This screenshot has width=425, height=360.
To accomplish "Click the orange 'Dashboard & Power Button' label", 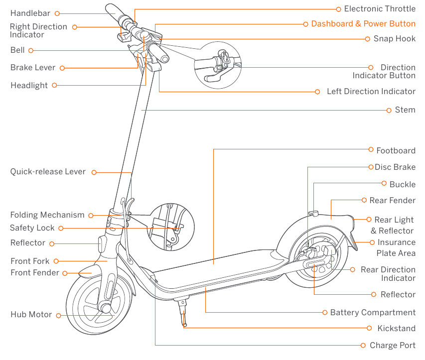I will click(363, 24).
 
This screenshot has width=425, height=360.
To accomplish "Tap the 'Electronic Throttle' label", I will click(379, 9).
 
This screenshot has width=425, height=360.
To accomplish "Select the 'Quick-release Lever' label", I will click(48, 172).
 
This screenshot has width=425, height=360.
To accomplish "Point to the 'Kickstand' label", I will click(396, 329).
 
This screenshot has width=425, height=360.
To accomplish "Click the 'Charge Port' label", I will click(392, 346).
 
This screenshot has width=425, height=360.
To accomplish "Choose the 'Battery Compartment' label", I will click(373, 313).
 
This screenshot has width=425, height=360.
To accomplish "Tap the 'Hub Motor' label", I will click(31, 315).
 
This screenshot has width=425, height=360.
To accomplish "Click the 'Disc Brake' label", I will click(395, 167).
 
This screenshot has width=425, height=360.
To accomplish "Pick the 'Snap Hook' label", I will click(395, 39).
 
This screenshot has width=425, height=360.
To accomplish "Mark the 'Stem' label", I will click(405, 110).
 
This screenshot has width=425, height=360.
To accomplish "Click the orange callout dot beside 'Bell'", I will click(30, 50).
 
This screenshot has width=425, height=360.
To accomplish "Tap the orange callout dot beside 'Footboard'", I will click(371, 149).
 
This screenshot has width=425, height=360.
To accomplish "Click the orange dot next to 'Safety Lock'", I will click(60, 228).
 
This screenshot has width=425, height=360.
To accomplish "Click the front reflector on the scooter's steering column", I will click(102, 244).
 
